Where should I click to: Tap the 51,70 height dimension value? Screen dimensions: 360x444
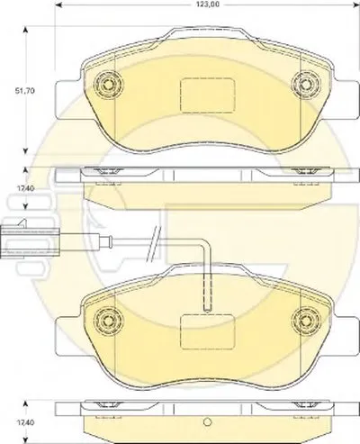pos(25,90)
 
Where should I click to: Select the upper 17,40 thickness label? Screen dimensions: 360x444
pos(25,188)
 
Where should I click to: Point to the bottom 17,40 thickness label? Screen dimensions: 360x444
pos(25,422)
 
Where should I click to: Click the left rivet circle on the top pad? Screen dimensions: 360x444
pos(108,84)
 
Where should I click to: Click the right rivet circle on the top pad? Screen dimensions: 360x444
pos(307,84)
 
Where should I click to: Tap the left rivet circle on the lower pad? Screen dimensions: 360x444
pos(108,321)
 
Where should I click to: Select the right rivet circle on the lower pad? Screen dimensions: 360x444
pos(307,321)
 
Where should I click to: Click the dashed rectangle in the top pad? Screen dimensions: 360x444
pos(207,95)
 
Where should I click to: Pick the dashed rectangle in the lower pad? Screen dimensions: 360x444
pos(207,332)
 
